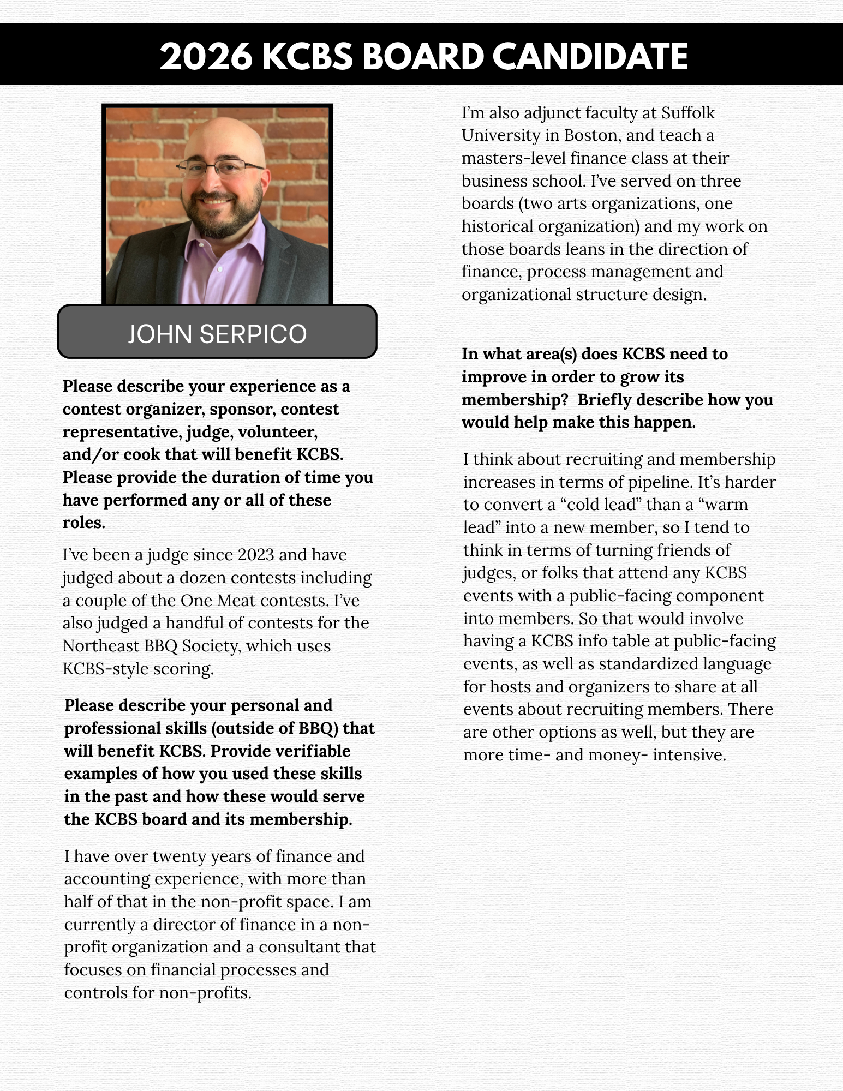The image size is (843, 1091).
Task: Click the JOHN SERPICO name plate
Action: [217, 333]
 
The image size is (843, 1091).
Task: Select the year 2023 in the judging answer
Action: [256, 555]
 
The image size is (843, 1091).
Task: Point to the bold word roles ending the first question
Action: [83, 523]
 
